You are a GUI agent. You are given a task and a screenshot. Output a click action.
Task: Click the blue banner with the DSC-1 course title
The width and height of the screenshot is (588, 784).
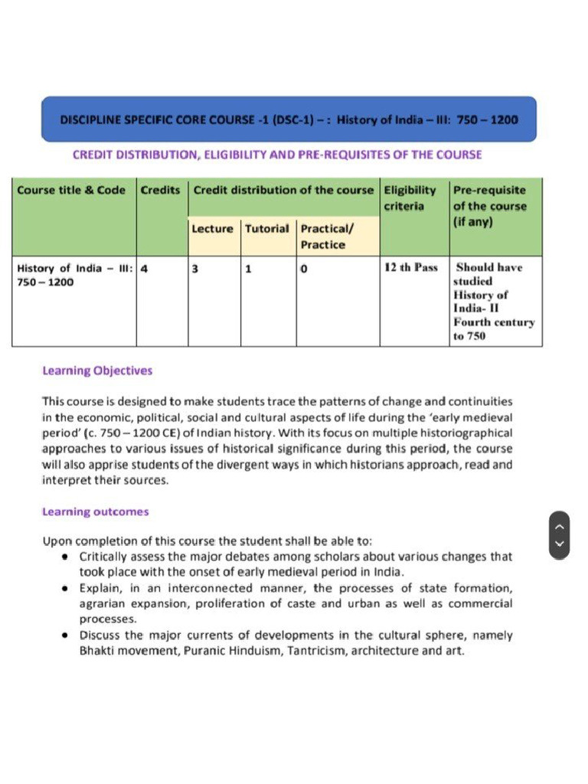(289, 119)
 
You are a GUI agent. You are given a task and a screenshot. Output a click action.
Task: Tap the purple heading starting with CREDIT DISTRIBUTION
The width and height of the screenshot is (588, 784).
(277, 155)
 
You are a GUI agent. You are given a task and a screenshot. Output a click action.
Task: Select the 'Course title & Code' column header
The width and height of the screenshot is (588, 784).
(71, 190)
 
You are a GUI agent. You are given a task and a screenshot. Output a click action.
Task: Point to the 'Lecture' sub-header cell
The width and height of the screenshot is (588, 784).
(212, 228)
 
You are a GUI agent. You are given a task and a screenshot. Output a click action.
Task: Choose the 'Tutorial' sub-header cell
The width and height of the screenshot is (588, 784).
(267, 228)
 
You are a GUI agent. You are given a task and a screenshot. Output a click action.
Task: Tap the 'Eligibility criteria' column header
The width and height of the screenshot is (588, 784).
(410, 198)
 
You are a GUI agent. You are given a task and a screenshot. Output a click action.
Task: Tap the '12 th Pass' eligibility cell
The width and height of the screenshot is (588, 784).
(411, 267)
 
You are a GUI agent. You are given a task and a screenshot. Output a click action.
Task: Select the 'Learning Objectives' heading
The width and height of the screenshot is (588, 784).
(97, 371)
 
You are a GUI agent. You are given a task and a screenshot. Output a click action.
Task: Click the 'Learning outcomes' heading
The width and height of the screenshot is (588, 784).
(96, 511)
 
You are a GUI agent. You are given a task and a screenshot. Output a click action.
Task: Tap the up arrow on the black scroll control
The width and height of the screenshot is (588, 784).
(559, 526)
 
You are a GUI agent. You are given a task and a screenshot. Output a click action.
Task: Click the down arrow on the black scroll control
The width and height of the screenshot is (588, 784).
(559, 545)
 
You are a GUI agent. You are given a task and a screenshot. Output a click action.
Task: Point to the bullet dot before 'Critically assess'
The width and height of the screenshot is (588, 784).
(67, 557)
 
